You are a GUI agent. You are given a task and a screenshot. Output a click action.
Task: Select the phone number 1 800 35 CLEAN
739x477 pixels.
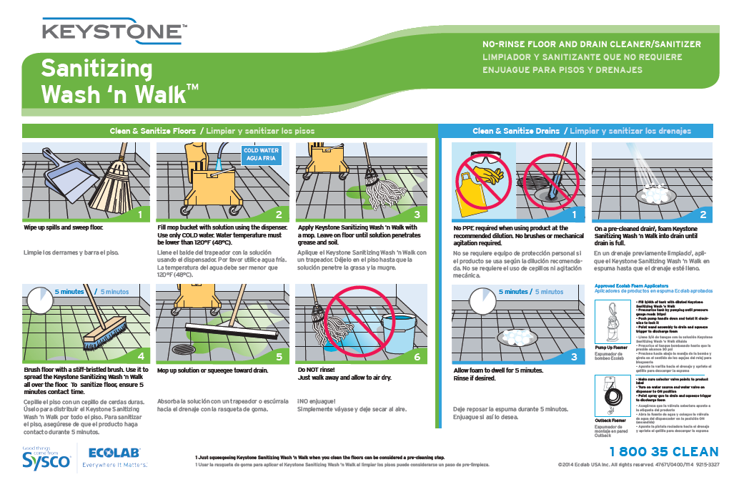663,452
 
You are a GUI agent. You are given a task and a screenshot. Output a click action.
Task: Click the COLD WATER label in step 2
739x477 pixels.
262,155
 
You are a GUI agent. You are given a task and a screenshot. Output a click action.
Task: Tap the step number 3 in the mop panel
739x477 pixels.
417,214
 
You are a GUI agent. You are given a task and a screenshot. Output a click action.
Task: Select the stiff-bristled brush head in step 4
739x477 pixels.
106,333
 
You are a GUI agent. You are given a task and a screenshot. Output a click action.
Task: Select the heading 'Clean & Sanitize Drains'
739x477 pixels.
516,131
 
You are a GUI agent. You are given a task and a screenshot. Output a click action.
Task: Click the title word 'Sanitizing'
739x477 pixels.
96,69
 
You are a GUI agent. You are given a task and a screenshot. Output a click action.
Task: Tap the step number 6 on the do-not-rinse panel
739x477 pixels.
417,356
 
